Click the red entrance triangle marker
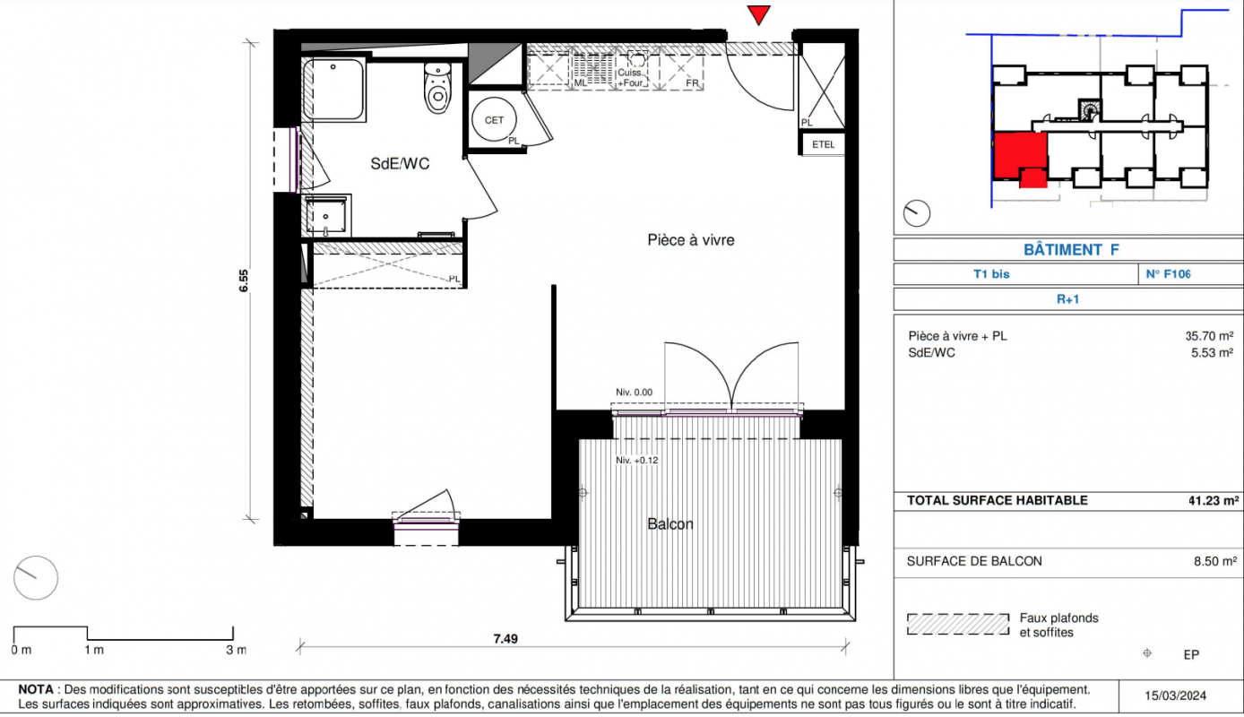coord(758,14)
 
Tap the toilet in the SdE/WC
coord(437,89)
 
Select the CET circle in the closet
coord(494,119)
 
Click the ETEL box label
coord(823,144)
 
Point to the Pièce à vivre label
coord(691,240)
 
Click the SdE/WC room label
coord(400,164)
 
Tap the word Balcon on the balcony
coord(670,523)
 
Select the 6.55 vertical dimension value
coord(244,281)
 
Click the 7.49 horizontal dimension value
coord(505,639)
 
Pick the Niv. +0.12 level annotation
coord(636,461)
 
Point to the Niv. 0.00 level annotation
coord(634,392)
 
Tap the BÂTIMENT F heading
coord(1071,250)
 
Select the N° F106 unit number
coord(1168,273)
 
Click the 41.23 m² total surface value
coord(1214,500)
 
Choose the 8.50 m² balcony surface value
coord(1215,561)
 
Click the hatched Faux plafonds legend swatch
coord(958,624)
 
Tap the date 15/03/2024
coord(1175,695)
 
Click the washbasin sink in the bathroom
coord(326,215)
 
